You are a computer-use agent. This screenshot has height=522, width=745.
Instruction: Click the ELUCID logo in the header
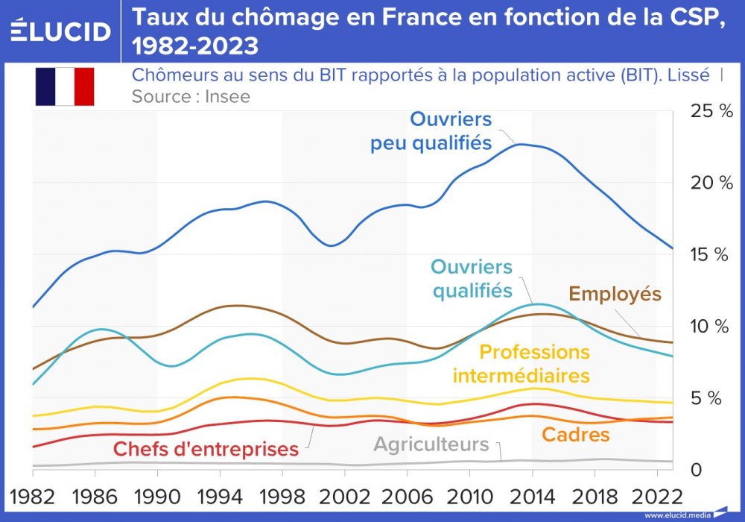click(x=61, y=31)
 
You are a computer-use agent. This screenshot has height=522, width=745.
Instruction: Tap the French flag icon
click(x=64, y=86)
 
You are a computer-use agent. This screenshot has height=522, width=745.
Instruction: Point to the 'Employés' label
click(x=615, y=294)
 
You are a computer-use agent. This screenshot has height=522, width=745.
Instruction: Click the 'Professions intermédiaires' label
click(x=521, y=363)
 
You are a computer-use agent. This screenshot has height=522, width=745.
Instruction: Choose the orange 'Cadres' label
click(x=575, y=435)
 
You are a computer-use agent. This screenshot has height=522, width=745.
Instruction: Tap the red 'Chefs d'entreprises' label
click(x=206, y=449)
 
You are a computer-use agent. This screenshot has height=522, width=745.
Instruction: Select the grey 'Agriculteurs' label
click(x=431, y=445)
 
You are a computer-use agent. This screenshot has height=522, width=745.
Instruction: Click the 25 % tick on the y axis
click(x=711, y=112)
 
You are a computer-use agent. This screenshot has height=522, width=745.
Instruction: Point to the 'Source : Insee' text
click(x=191, y=96)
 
